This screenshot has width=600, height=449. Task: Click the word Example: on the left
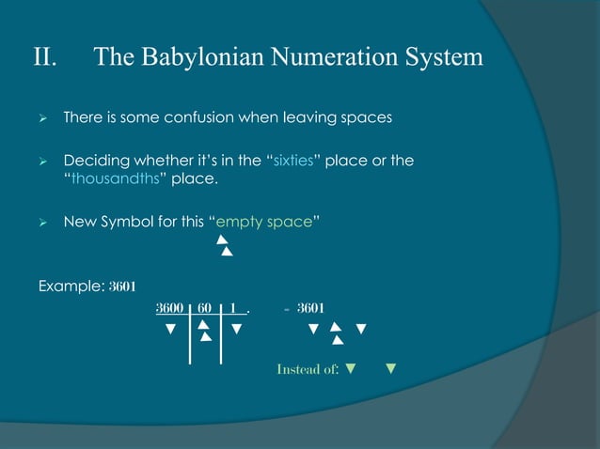tap(71, 286)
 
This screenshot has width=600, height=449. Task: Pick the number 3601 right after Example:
tap(124, 286)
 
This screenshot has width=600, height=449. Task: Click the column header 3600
tap(170, 308)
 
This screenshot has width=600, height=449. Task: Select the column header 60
tap(204, 308)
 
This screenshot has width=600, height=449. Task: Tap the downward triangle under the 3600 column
tap(170, 329)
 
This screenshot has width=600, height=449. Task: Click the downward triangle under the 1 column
tap(237, 329)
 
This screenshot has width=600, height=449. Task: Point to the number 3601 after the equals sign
tap(311, 308)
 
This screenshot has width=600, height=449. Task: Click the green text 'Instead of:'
tap(308, 368)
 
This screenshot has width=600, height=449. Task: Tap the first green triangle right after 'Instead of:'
tap(351, 367)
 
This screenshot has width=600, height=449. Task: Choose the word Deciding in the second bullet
tap(92, 161)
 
